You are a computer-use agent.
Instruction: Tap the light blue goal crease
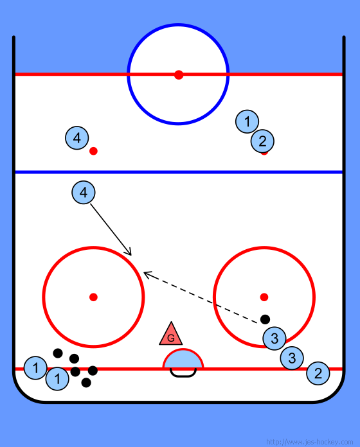coord(183,359)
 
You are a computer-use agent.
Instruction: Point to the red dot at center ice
coord(179,75)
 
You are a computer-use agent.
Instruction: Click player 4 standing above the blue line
coord(77,138)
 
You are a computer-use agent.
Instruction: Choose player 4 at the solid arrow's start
coord(84,193)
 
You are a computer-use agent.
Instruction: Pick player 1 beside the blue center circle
coord(247,121)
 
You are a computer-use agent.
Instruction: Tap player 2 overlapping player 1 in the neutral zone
coord(262,141)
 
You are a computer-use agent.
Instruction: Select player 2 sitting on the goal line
coord(318,373)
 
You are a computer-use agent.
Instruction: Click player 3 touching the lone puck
coord(274,338)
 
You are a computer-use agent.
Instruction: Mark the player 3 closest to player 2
coord(292,358)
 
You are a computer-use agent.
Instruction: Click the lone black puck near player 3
coord(265,319)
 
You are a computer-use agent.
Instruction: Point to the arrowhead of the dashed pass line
coord(144,273)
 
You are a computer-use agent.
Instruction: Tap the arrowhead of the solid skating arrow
coord(131,255)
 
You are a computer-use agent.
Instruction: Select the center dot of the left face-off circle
coord(93,297)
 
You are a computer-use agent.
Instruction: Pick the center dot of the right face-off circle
coord(264,297)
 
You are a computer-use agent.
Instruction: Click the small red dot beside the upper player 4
coord(93,151)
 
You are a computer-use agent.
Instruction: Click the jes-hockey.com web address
coord(309,442)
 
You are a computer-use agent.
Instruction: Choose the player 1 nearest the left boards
coord(35,368)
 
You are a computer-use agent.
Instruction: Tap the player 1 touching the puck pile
coord(57,378)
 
